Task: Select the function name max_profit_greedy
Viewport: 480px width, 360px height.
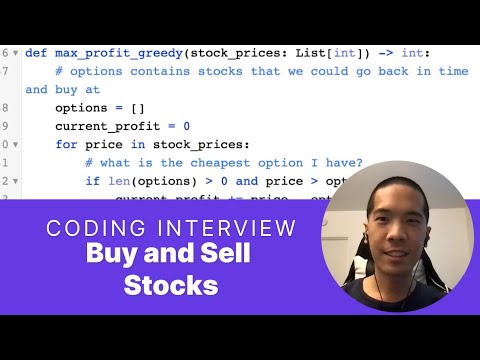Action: point(117,53)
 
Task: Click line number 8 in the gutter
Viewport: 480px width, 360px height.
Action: point(5,107)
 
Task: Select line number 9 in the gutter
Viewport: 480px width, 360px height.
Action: point(5,126)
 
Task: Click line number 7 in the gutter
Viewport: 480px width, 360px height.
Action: point(5,71)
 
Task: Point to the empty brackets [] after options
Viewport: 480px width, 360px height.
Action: point(139,107)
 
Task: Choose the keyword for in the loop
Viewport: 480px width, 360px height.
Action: point(66,144)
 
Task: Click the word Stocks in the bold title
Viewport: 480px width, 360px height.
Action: point(171,285)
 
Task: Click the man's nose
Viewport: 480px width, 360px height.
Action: point(391,228)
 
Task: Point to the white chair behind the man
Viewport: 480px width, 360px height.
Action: point(440,250)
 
